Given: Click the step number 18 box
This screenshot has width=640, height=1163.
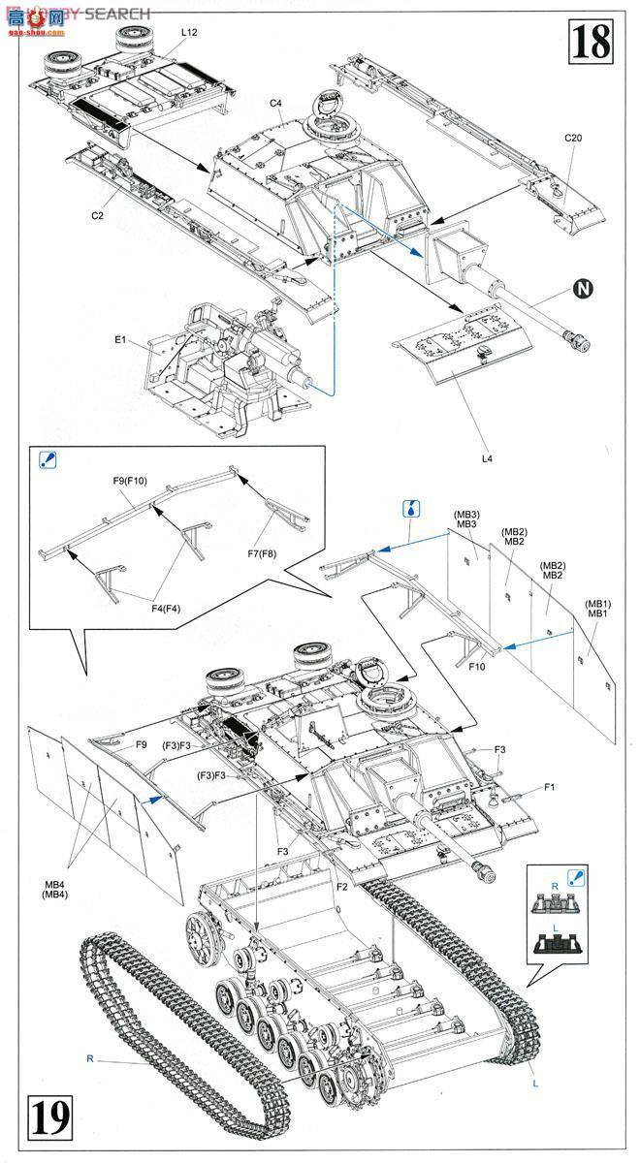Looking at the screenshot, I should [592, 42].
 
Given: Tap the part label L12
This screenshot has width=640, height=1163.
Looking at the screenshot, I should [188, 33].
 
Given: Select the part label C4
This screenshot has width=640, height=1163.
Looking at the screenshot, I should [275, 103].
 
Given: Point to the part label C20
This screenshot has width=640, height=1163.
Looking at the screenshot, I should [573, 138].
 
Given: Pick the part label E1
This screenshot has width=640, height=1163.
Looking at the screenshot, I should [121, 340].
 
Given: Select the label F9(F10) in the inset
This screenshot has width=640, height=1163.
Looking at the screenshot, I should [128, 481].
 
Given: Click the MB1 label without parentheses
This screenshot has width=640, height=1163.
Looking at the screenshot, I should [596, 613].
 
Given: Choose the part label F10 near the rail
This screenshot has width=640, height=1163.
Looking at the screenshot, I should [476, 666].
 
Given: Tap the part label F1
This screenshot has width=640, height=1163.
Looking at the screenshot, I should [549, 786].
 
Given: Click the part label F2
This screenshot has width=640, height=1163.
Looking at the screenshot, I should [341, 887].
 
